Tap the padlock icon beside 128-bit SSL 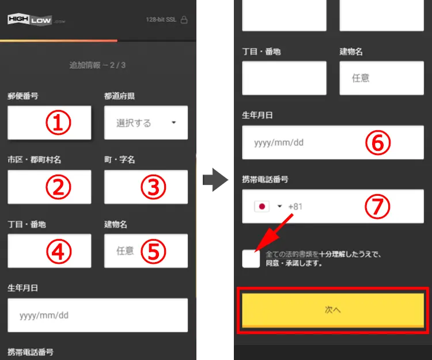tap(184, 20)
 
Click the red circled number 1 tap(58, 123)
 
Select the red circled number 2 tap(58, 187)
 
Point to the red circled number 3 tap(153, 187)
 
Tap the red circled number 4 tap(58, 251)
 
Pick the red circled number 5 tap(153, 251)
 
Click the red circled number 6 tap(378, 143)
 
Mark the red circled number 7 tap(377, 206)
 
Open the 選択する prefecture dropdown tap(146, 123)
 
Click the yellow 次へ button tap(333, 310)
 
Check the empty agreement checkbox tap(251, 259)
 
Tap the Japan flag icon tap(262, 206)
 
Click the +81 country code tap(295, 207)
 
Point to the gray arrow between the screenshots tap(215, 180)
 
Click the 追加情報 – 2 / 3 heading tap(97, 65)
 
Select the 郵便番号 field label tap(23, 96)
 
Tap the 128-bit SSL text tap(161, 20)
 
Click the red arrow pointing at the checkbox tap(274, 233)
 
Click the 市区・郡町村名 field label tap(34, 160)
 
